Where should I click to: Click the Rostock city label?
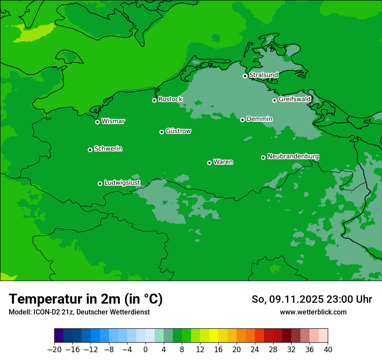click(x=170, y=99)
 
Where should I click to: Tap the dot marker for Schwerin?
click(x=90, y=150)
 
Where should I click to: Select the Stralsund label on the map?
click(x=263, y=75)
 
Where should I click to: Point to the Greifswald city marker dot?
click(x=274, y=100)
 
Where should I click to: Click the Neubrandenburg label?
click(x=293, y=157)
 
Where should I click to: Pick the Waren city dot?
click(x=209, y=163)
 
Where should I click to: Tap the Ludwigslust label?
click(x=122, y=183)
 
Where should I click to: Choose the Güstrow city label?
click(x=178, y=131)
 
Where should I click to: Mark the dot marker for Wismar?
click(x=97, y=122)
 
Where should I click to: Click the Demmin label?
click(x=259, y=119)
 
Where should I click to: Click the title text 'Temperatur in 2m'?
click(x=65, y=299)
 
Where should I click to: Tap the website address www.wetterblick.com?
click(x=313, y=312)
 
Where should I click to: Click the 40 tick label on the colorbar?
click(x=328, y=349)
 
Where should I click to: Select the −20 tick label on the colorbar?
click(x=54, y=349)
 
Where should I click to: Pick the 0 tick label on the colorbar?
click(x=145, y=349)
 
